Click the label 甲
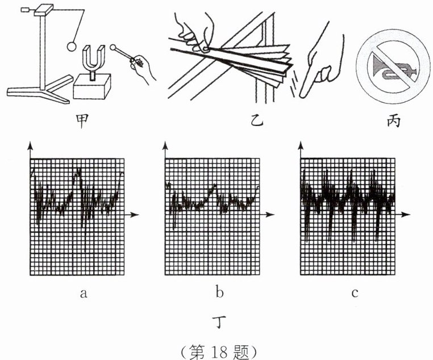(x=83, y=122)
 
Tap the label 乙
(x=257, y=122)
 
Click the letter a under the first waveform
(x=83, y=294)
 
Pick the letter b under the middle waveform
(x=219, y=294)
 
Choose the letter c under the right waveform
(x=355, y=294)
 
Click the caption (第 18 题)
(x=218, y=348)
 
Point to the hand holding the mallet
(x=142, y=69)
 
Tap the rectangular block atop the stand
(x=44, y=9)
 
